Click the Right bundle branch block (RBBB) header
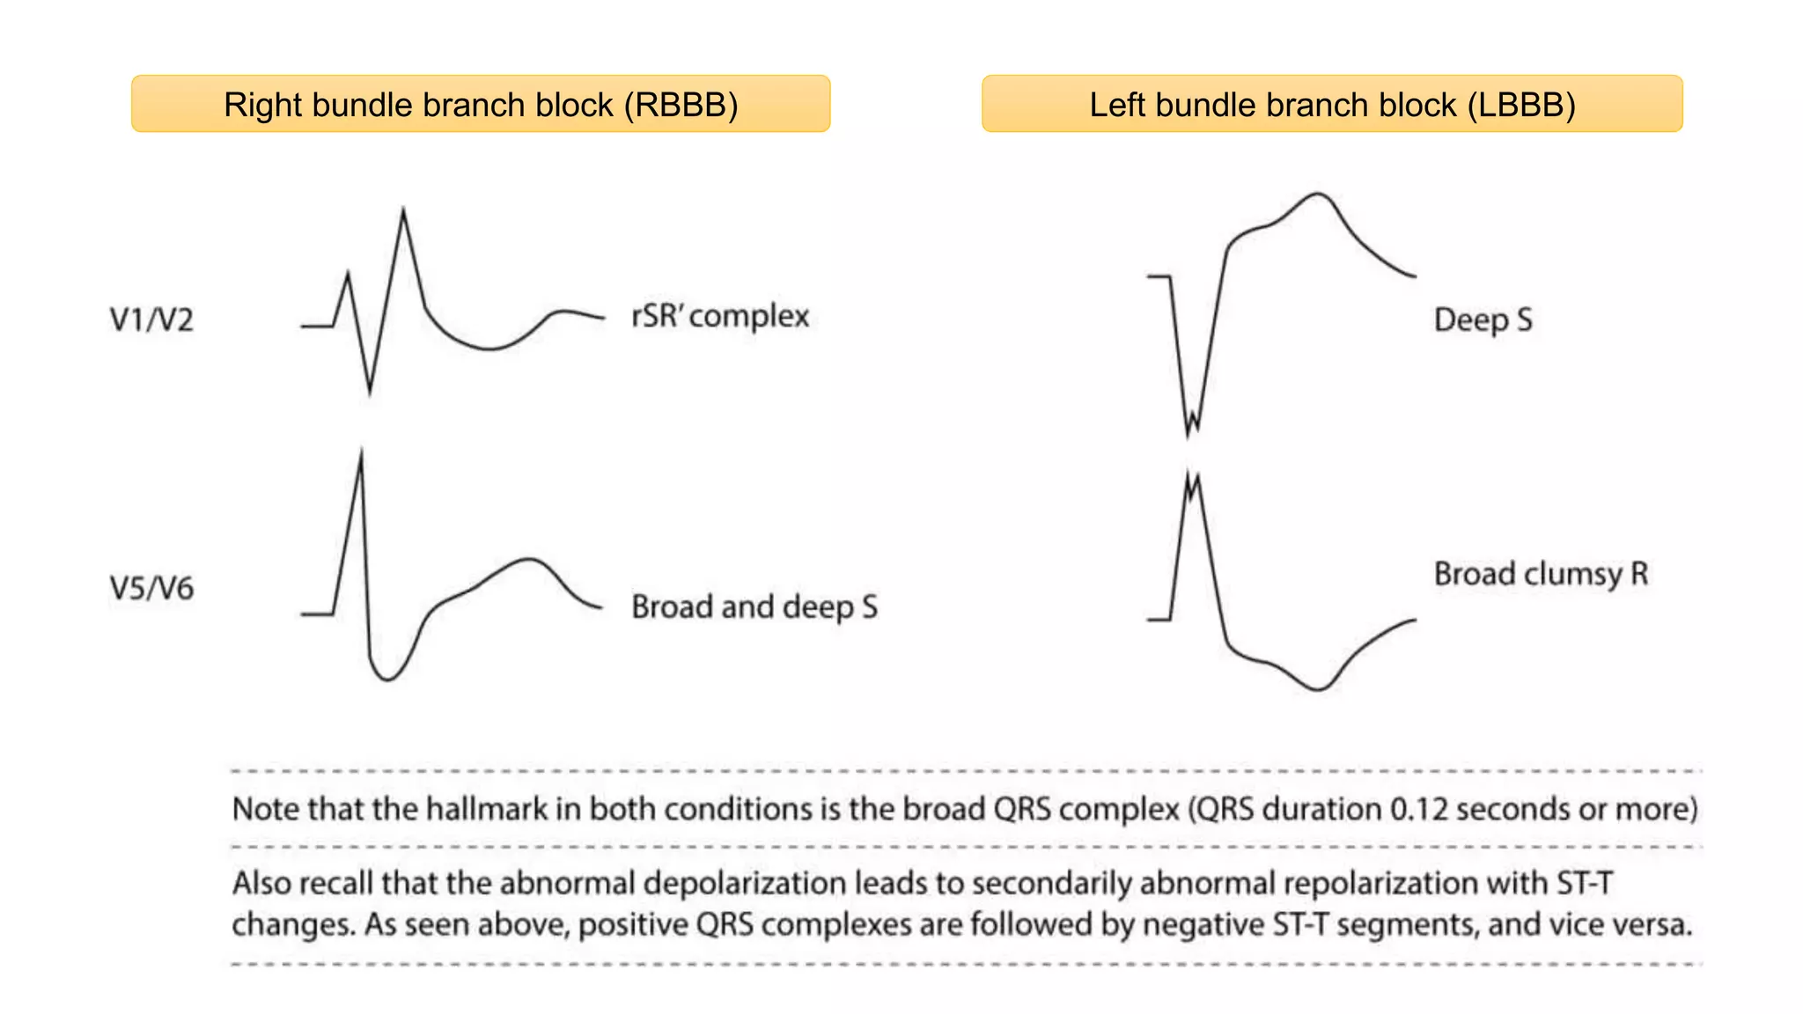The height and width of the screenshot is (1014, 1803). point(481,104)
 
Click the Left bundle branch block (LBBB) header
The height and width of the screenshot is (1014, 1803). point(1332,104)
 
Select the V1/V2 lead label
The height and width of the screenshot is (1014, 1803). point(151,319)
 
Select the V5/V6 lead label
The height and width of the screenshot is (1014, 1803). point(151,588)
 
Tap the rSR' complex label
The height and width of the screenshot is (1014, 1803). point(720,316)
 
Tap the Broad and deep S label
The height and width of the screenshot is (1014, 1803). point(754,606)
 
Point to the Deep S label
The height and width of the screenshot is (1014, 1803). point(1483,320)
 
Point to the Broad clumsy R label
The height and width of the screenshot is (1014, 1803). point(1541,574)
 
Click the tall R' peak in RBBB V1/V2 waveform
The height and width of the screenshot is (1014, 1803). point(403,211)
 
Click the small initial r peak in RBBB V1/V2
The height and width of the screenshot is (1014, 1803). point(348,275)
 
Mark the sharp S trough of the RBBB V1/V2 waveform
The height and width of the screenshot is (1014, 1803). point(369,391)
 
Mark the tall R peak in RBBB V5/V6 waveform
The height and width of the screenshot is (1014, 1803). point(361,452)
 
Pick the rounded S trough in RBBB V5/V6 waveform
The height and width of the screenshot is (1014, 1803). point(386,679)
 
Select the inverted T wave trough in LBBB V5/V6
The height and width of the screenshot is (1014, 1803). point(1317,688)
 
